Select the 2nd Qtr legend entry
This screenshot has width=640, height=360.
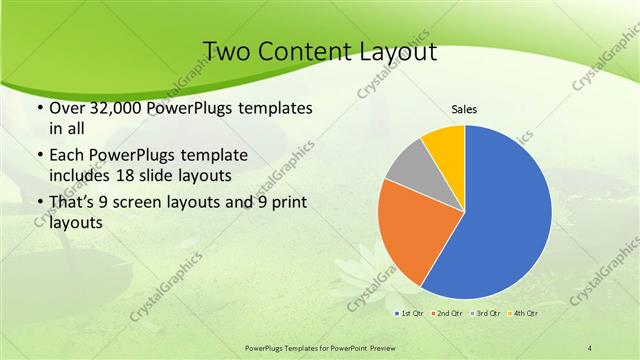tap(446, 314)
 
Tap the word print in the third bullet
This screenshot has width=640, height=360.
tap(288, 203)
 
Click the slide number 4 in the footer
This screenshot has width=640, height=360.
tap(590, 347)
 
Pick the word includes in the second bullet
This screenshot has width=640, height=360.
tap(77, 176)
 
